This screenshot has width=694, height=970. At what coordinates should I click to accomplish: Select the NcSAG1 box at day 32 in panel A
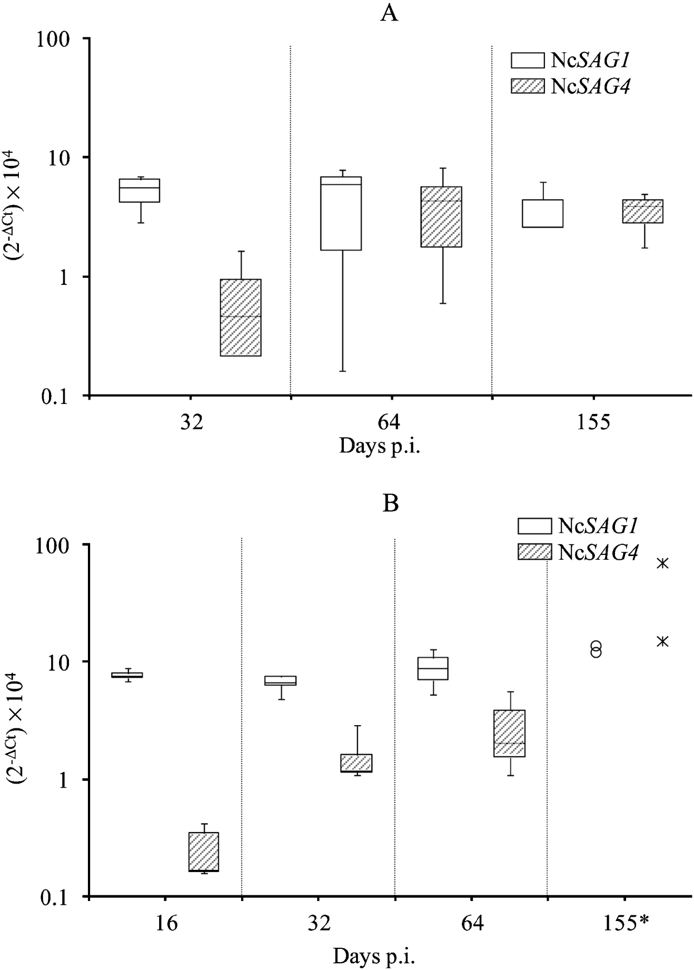[140, 190]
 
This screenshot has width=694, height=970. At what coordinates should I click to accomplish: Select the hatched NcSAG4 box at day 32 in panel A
[240, 317]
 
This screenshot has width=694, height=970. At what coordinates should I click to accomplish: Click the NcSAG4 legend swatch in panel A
[528, 86]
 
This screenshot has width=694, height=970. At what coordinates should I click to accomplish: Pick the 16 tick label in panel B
[164, 924]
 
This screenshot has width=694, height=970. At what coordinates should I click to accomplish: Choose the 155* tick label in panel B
[626, 924]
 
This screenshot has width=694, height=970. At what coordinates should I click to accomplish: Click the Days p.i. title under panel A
[379, 446]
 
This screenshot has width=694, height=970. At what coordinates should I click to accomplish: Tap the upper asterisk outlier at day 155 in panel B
[662, 563]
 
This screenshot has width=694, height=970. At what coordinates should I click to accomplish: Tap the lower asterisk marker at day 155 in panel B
[662, 641]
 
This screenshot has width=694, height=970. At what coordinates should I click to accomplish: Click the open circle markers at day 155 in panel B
[596, 649]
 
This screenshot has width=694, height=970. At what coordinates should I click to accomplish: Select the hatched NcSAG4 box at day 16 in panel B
[204, 851]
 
